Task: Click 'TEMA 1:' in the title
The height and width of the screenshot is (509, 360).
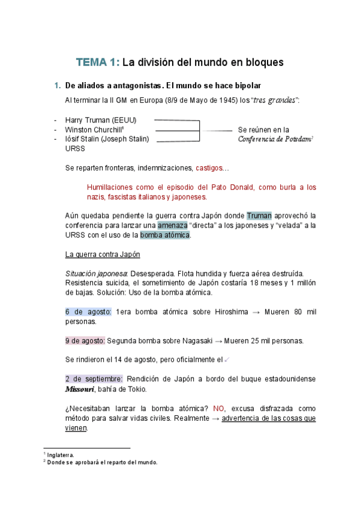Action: [x=97, y=62]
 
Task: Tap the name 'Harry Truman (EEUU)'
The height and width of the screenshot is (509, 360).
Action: [x=101, y=120]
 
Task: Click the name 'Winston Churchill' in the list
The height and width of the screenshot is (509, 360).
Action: [x=94, y=130]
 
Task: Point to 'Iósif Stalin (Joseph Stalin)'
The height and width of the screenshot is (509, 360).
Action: [x=107, y=139]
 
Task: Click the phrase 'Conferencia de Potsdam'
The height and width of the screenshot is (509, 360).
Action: [x=274, y=139]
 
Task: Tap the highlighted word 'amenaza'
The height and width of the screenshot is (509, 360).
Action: [x=172, y=225]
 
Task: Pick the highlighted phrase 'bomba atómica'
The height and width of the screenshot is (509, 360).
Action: [x=165, y=235]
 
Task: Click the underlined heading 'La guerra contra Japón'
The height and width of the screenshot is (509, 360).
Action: [x=102, y=254]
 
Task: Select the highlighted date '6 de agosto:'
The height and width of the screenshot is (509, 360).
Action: [x=88, y=312]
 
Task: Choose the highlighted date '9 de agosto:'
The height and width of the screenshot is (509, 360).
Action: [x=85, y=341]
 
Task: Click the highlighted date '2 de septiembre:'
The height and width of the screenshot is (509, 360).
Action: [x=94, y=379]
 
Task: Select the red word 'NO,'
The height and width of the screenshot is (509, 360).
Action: [x=220, y=408]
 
